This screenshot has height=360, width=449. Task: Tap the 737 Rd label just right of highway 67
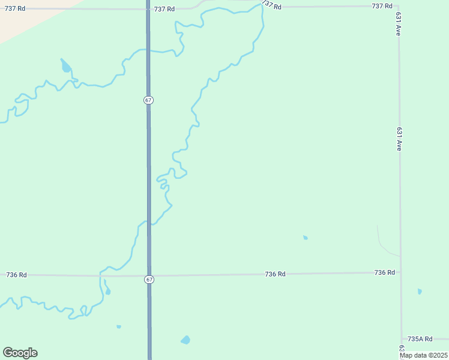[x=164, y=9]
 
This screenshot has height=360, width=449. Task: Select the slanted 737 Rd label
[x=271, y=5]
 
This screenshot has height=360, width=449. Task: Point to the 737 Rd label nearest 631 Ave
[x=382, y=6]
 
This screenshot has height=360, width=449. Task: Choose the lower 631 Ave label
[x=399, y=139]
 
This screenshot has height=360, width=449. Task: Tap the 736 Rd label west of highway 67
[x=16, y=275]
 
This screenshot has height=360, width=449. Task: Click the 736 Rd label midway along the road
[x=275, y=274]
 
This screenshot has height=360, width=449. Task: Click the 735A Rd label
[x=420, y=339]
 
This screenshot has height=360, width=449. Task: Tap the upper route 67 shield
[x=148, y=100]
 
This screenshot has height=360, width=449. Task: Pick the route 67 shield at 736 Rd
[x=149, y=280]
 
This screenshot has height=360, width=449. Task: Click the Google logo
[x=20, y=353]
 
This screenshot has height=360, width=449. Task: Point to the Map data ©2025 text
[x=423, y=355]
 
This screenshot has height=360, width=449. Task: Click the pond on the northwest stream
[x=65, y=66]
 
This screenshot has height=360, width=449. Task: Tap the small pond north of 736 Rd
[x=306, y=238]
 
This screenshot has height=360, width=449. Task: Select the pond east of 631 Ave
[x=420, y=292]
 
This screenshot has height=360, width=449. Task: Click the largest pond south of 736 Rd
[x=185, y=340]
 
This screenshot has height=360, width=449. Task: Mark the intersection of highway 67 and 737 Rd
[x=148, y=9]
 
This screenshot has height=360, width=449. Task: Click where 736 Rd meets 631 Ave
[x=400, y=272]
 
